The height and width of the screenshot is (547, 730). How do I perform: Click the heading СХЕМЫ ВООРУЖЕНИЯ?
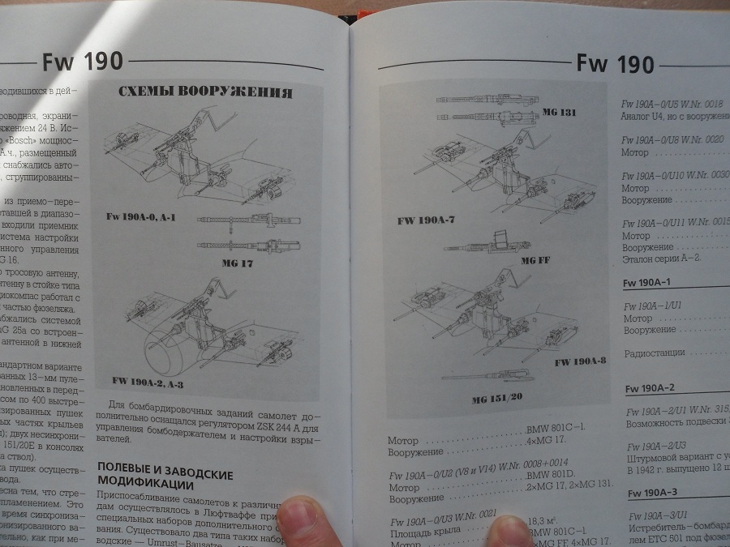point(205,92)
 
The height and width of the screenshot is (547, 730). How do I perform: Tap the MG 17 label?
point(238,263)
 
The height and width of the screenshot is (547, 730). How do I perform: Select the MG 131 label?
point(560,112)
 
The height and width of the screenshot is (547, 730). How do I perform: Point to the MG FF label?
point(536,260)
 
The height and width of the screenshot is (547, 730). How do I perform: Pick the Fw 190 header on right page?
point(614,63)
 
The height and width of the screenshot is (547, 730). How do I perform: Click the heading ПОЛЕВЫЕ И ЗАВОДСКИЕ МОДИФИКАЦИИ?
point(165,476)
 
